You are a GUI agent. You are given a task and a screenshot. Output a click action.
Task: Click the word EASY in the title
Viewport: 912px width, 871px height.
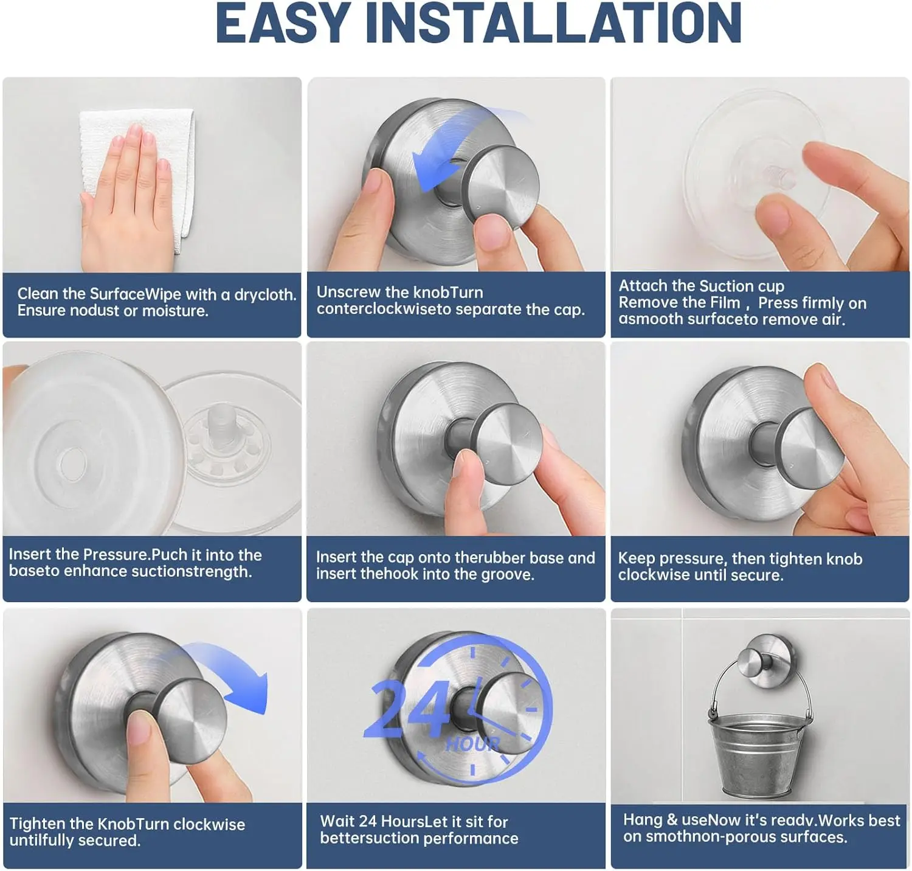(283, 23)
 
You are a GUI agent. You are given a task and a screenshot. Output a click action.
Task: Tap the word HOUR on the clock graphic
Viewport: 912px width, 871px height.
(472, 744)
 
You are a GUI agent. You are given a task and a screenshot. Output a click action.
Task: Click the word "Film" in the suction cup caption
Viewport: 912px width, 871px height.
(725, 303)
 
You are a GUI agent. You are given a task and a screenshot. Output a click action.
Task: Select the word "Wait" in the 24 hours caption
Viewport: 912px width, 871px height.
(337, 822)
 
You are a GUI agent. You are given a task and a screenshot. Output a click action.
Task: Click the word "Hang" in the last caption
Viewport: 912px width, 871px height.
(642, 821)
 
